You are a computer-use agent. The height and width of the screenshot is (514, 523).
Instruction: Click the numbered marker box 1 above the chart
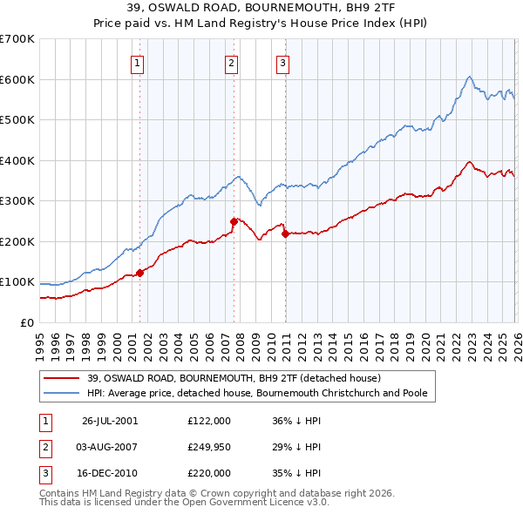click(x=139, y=62)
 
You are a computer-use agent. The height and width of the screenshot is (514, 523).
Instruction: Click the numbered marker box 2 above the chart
click(x=231, y=62)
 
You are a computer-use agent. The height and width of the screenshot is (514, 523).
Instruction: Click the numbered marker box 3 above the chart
click(x=283, y=62)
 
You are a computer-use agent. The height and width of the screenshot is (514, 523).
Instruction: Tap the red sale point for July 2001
click(x=140, y=273)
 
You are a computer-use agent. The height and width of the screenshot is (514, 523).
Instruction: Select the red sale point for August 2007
click(x=234, y=221)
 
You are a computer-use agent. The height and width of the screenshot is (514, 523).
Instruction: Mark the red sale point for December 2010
click(x=285, y=233)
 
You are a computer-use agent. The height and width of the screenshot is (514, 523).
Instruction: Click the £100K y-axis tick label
click(x=17, y=282)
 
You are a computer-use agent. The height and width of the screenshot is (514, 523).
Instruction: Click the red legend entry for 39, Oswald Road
click(x=234, y=378)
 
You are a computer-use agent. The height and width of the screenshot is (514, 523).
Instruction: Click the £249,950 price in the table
click(x=209, y=447)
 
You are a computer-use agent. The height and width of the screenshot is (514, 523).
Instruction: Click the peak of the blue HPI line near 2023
click(x=469, y=77)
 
